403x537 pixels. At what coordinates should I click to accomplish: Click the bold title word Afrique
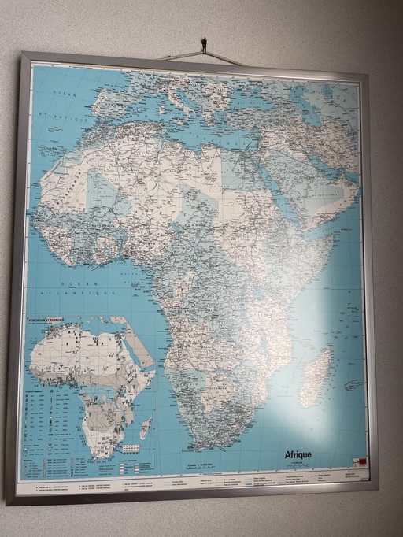pyautogui.click(x=298, y=454)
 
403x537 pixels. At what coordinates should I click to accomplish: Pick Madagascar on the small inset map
pyautogui.click(x=146, y=428)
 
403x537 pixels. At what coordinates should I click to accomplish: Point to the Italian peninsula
pyautogui.click(x=186, y=99)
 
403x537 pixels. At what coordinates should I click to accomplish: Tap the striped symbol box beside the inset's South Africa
pyautogui.click(x=131, y=448)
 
